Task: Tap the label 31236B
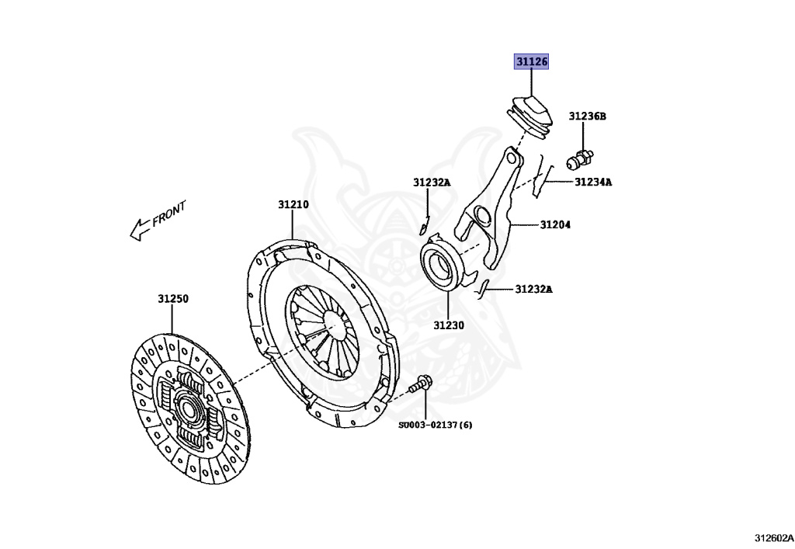tap(587, 116)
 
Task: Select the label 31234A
tap(593, 182)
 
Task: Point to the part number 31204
tap(556, 225)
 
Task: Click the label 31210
tap(293, 205)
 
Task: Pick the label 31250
tap(173, 298)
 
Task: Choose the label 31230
tap(449, 325)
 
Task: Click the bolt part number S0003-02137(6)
tap(436, 425)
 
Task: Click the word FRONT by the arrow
tap(169, 214)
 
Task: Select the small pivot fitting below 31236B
tap(579, 158)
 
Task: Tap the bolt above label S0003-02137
tap(423, 383)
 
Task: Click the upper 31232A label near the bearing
tap(432, 182)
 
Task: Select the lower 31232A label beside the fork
tap(534, 290)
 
